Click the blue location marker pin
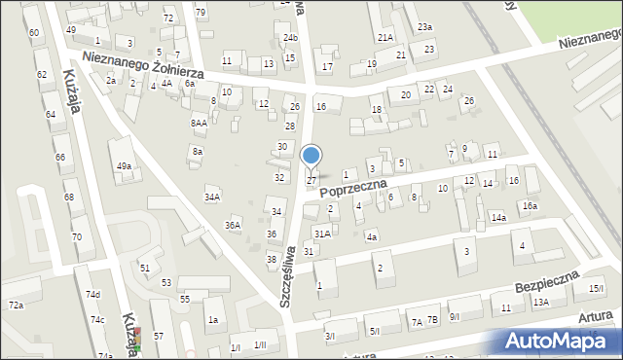coord(311,156)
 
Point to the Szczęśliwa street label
coord(288,277)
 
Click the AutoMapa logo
coord(559,341)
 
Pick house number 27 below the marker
coord(311,180)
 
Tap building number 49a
coord(124,166)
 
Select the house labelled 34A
coord(211,197)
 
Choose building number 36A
coord(233,225)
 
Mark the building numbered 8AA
coord(199,124)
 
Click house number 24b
coord(290,38)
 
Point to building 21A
coord(385,37)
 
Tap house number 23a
coord(424,26)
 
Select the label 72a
coord(16,306)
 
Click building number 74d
coord(92,295)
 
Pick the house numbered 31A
coord(322,234)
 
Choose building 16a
coord(529,206)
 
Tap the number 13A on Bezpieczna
coord(540,303)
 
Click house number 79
coord(201,12)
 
